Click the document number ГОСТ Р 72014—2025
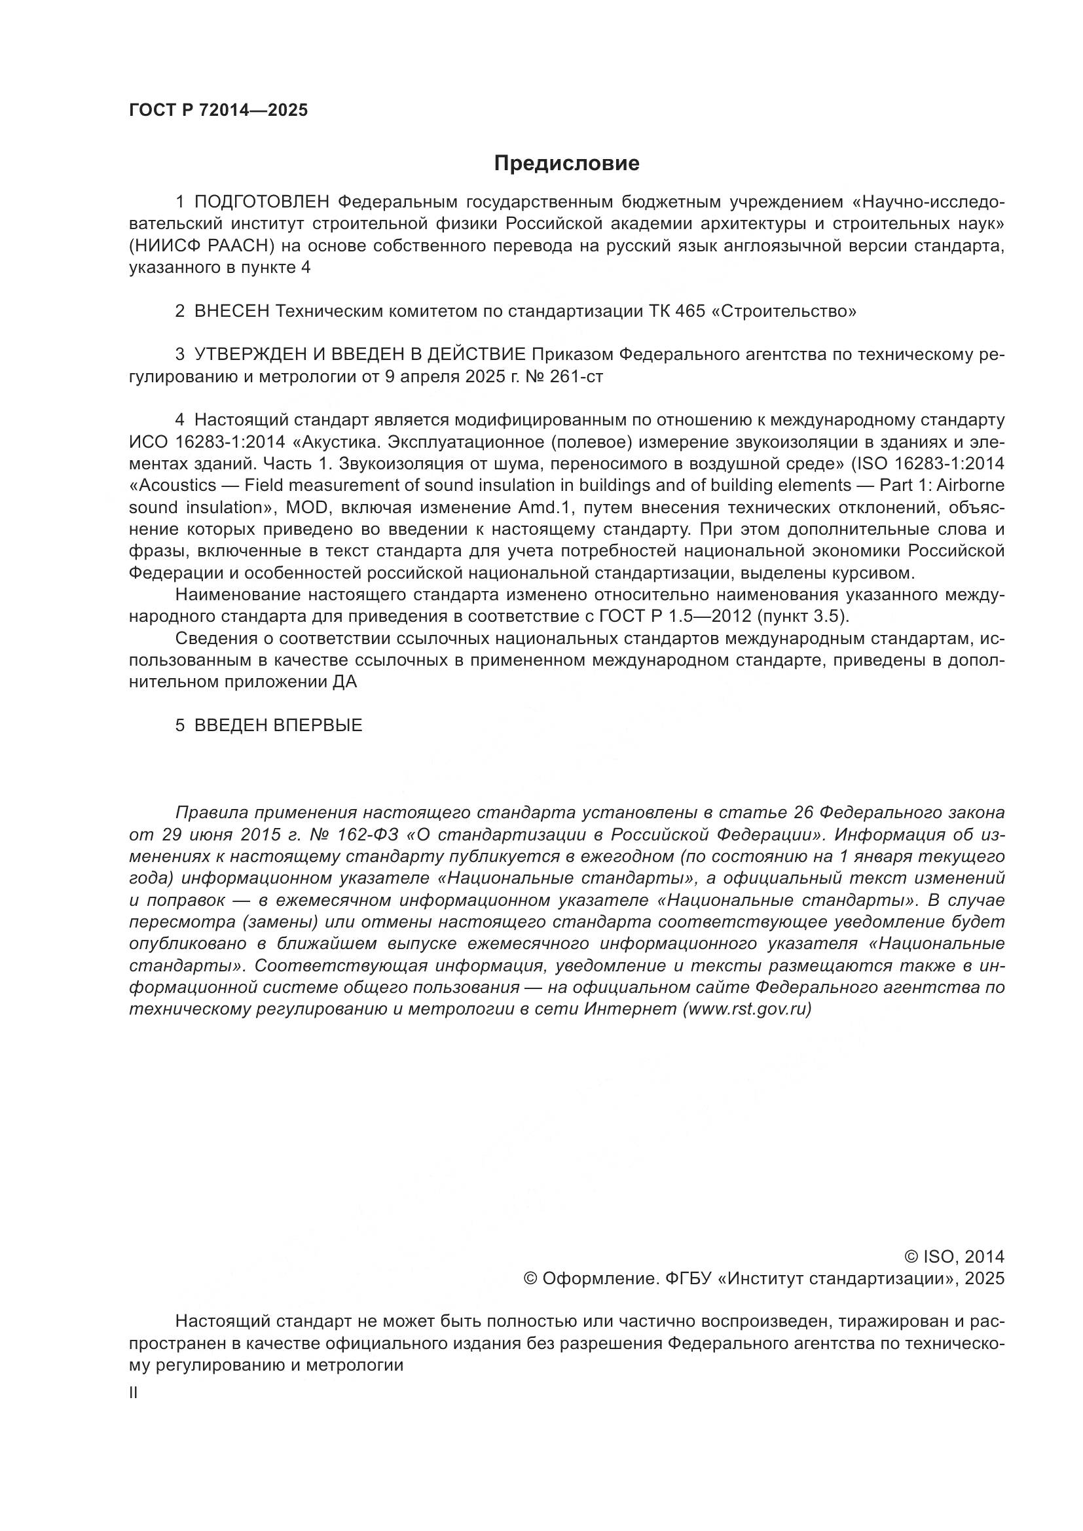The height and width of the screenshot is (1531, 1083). click(218, 111)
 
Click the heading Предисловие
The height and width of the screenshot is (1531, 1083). click(566, 164)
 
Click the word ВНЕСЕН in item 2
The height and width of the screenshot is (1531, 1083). click(232, 311)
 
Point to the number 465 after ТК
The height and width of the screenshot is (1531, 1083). click(690, 311)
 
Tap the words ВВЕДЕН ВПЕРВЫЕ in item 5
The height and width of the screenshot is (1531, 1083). click(278, 725)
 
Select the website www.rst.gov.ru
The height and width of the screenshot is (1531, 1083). click(747, 1009)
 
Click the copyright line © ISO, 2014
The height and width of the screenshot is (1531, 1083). click(953, 1257)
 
